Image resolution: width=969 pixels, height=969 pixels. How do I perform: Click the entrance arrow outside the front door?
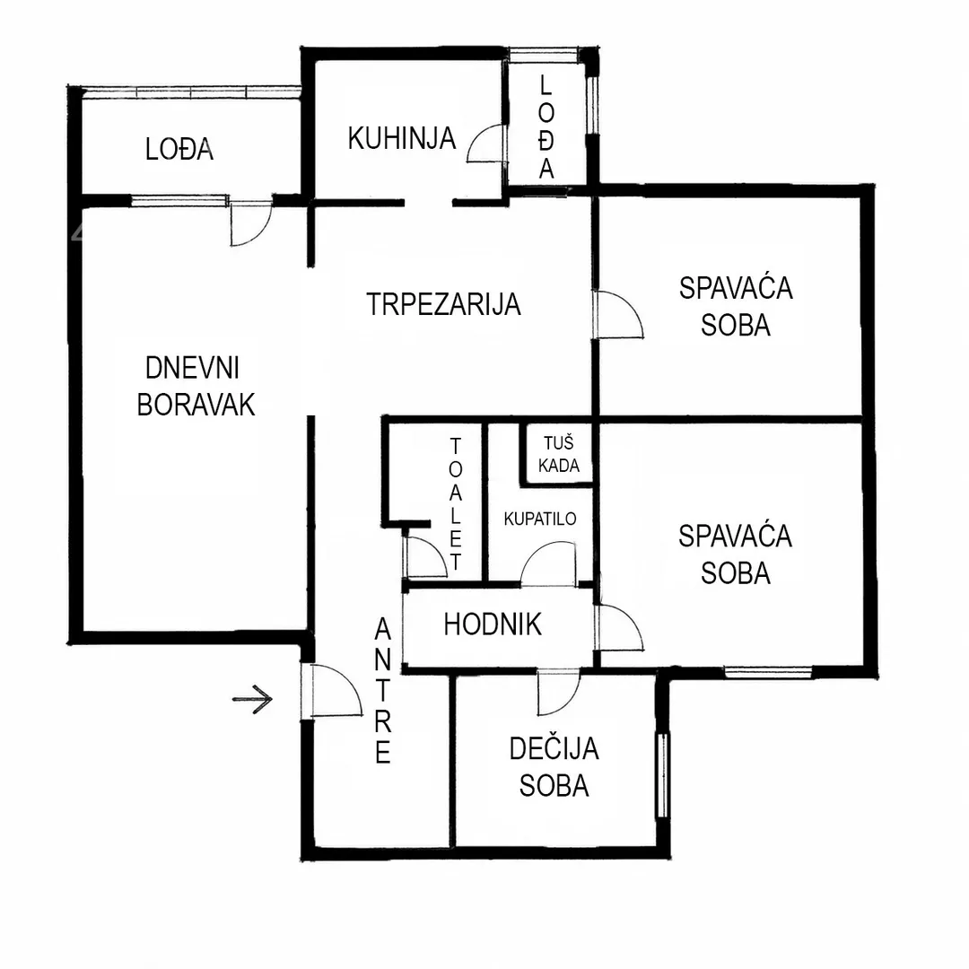(253, 700)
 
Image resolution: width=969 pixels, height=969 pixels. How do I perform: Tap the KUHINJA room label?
(402, 138)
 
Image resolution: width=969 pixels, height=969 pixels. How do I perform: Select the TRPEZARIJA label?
(444, 304)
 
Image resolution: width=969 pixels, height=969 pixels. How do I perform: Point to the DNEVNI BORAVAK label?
(196, 387)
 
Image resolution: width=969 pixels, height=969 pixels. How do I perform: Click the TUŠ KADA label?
(559, 454)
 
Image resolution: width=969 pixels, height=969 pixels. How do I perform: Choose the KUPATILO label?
(540, 519)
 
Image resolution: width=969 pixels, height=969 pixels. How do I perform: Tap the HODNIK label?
(493, 624)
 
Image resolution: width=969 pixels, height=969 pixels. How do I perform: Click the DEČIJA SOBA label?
(554, 767)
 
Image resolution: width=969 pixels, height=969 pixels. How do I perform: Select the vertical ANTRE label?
(383, 691)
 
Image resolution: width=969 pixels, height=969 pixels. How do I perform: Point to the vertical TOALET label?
(456, 504)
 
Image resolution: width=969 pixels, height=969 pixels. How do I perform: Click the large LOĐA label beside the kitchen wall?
(179, 150)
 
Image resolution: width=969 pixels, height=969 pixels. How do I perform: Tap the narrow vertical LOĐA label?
(546, 127)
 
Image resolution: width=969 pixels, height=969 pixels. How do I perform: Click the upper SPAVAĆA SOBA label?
(736, 307)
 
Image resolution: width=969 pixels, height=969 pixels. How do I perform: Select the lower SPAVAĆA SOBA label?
(736, 554)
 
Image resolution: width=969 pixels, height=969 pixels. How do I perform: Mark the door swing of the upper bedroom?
(618, 315)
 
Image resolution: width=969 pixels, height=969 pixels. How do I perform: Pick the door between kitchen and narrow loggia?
(486, 143)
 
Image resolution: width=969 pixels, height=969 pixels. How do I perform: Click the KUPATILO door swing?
(549, 563)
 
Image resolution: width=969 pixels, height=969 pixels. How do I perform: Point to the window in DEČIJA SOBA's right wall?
(662, 775)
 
